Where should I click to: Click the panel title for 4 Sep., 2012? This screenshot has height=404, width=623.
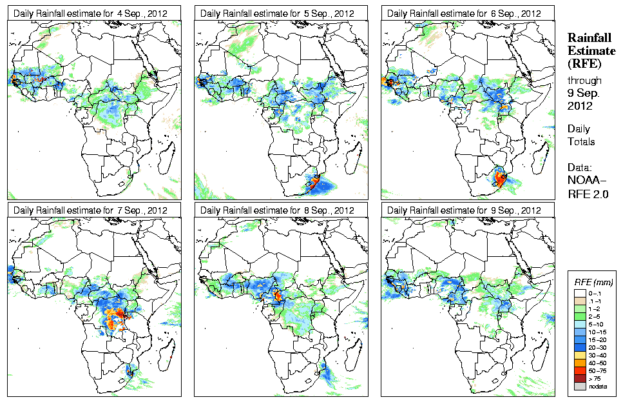tap(90, 13)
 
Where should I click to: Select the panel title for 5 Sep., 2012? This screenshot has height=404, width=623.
tap(277, 13)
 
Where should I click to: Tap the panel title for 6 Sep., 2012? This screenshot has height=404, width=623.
tap(464, 13)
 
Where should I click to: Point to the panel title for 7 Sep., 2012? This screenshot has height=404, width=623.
tap(90, 210)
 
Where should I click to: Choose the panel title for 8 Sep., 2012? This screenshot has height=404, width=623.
tap(277, 210)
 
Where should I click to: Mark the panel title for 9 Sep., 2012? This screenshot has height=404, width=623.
tap(464, 210)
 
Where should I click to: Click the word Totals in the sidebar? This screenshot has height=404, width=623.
tap(581, 141)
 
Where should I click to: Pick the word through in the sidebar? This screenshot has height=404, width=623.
tap(584, 81)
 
